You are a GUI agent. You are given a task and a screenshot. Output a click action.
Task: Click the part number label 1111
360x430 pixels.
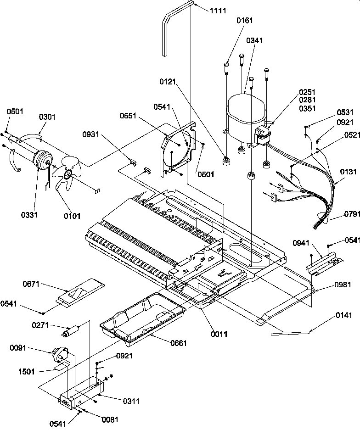[218, 11]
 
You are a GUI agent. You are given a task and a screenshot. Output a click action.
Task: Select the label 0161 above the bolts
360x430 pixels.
[245, 21]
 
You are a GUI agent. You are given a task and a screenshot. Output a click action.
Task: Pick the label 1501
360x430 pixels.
[27, 371]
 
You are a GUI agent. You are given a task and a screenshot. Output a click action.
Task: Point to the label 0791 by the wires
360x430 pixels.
[351, 214]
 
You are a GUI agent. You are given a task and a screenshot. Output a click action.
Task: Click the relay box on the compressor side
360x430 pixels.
[263, 136]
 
